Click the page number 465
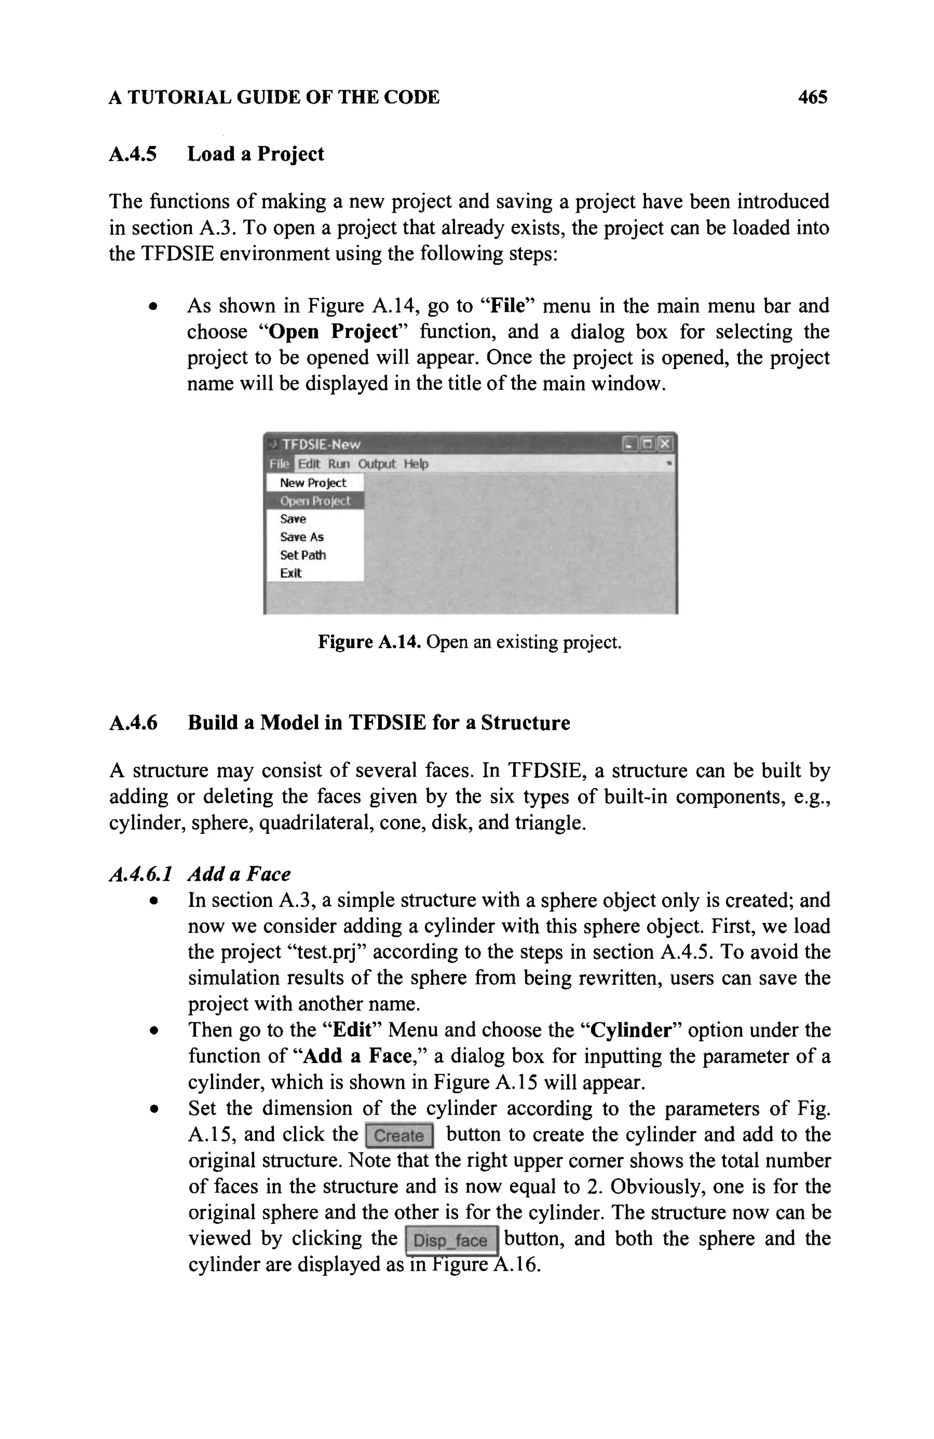[812, 98]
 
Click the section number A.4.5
[132, 154]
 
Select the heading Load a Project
[255, 154]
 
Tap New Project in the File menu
[313, 483]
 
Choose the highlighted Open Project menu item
[315, 500]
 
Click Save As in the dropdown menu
[301, 537]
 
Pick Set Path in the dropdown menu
[302, 555]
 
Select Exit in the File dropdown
[291, 573]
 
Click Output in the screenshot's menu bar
[376, 464]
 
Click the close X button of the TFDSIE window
[665, 444]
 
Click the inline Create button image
[399, 1135]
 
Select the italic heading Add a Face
[239, 874]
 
